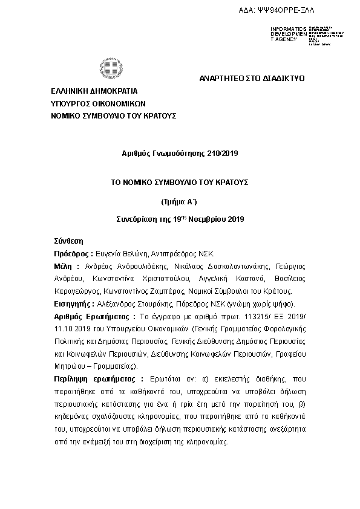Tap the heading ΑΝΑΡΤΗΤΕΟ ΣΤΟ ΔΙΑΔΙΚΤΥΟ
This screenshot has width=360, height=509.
click(252, 79)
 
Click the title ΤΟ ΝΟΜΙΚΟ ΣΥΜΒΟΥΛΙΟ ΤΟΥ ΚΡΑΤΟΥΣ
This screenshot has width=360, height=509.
click(179, 181)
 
